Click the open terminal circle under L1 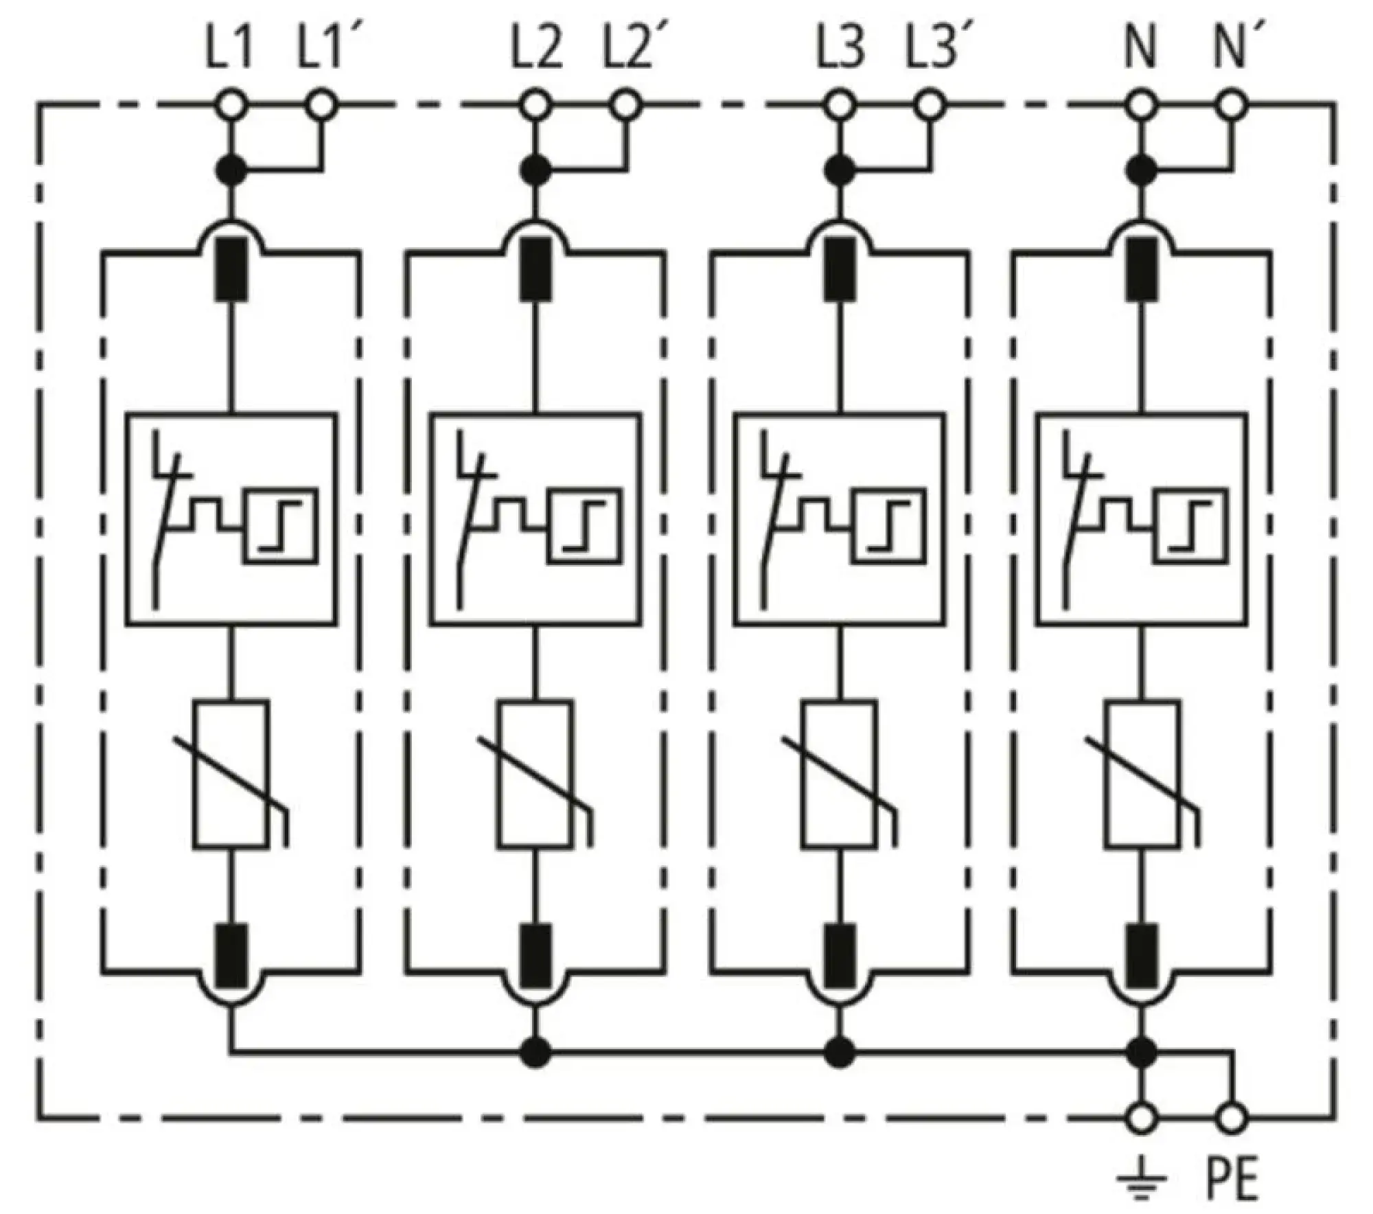[231, 106]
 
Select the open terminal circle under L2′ [625, 106]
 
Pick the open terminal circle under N [1142, 106]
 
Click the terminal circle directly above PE [1232, 1118]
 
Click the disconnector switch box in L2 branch [536, 519]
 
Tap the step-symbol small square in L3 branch [890, 526]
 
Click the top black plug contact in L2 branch [536, 268]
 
